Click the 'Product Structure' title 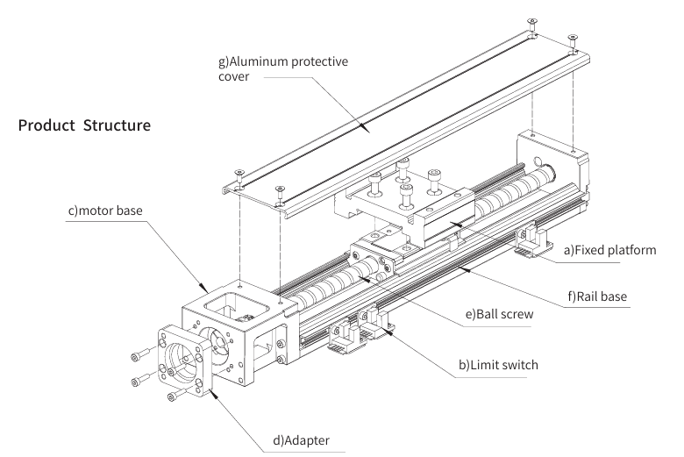coord(84,125)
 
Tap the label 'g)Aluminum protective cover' coord(283,68)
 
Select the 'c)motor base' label coord(105,211)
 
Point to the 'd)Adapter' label coord(301,440)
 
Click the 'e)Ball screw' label coord(499,314)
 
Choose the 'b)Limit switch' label coord(498,365)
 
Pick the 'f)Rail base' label coord(597,296)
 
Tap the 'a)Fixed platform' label coord(609,250)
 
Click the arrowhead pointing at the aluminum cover coord(364,126)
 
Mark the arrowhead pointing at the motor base coord(203,288)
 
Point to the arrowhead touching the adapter coord(213,393)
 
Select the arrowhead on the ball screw coord(365,278)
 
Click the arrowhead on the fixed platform coord(456,225)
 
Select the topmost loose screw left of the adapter coord(144,353)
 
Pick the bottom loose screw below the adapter coord(178,393)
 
